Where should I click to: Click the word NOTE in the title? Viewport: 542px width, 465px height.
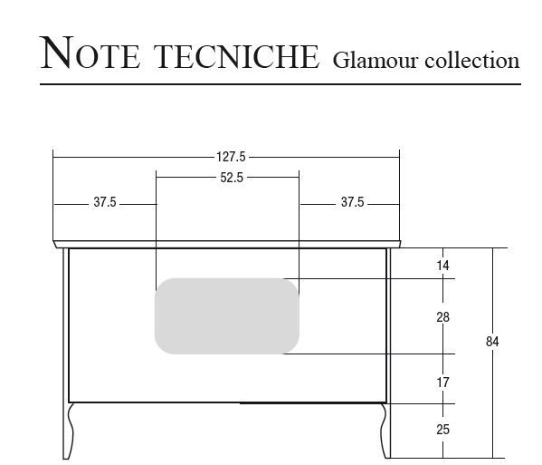pos(90,53)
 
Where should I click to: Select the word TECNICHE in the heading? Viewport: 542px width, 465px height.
pos(236,56)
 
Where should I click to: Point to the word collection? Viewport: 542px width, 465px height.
pos(471,60)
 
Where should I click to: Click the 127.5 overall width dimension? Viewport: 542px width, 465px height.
pos(231,157)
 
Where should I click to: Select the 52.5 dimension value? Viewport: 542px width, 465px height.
pos(232,178)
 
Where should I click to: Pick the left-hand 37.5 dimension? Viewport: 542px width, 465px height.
pos(105,202)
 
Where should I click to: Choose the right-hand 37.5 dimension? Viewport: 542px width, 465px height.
pos(352,202)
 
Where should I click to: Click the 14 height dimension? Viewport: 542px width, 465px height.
pos(442,266)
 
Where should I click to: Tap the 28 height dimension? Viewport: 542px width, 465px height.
pos(442,317)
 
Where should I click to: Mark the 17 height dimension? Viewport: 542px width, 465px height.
pos(442,383)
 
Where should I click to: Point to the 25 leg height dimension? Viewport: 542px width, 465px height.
pos(442,430)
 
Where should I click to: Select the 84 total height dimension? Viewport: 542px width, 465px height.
pos(492,342)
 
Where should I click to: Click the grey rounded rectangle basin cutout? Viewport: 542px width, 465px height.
pos(227,315)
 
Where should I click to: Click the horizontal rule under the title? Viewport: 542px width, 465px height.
pos(281,84)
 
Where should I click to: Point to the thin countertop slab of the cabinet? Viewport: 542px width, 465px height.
pos(227,245)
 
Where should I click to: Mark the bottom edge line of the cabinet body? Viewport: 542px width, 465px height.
pos(227,402)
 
